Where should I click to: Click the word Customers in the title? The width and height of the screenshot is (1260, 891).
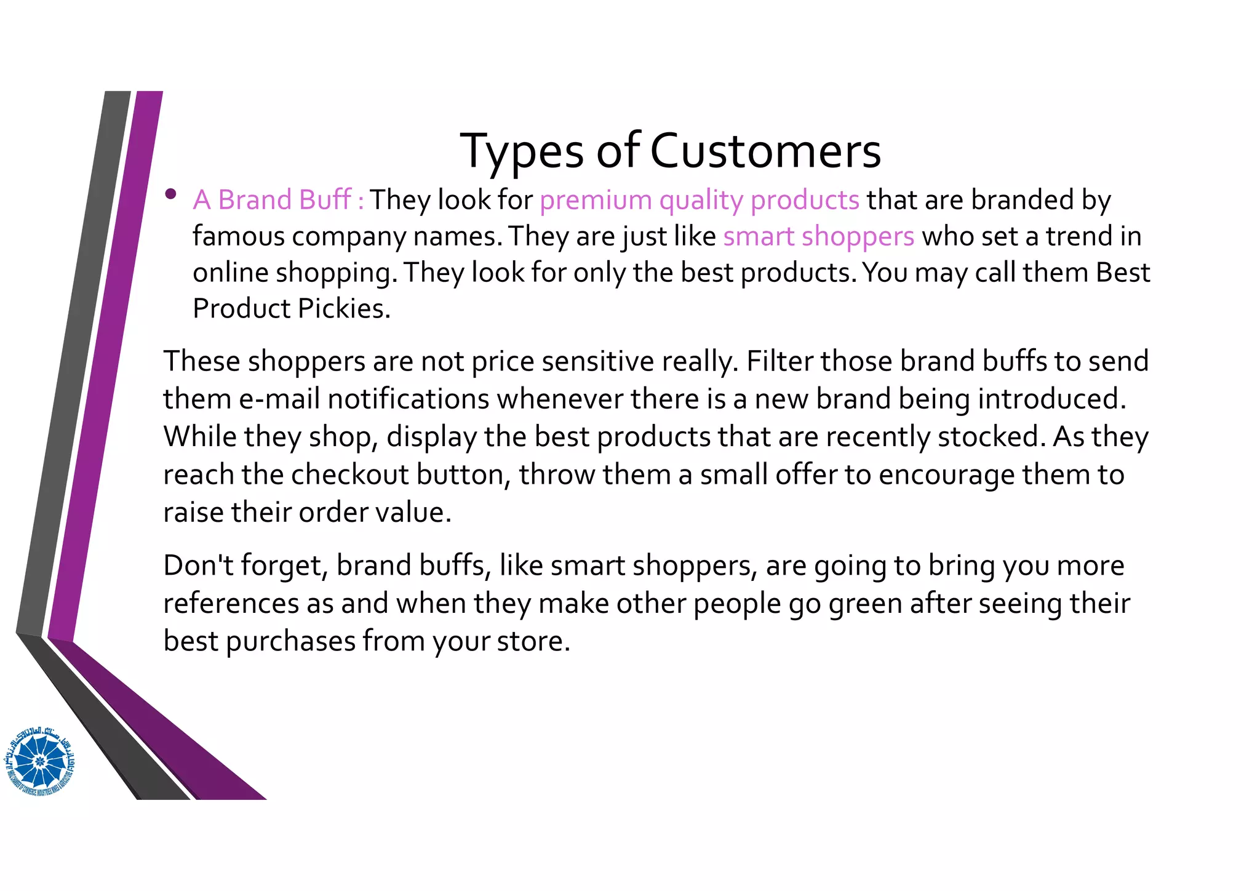(x=765, y=151)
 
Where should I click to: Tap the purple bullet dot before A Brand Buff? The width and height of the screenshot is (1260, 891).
(x=171, y=195)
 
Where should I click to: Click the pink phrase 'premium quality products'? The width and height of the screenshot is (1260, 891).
(x=699, y=201)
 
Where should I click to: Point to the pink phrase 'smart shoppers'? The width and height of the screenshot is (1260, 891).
(x=818, y=237)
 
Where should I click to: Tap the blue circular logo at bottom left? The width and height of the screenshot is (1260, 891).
(x=41, y=761)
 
